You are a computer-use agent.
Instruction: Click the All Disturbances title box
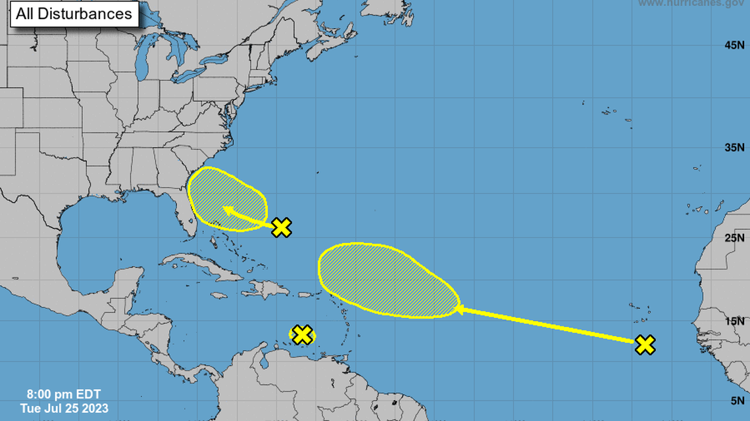click(74, 14)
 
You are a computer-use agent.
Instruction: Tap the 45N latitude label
click(734, 45)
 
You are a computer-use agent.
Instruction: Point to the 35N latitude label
click(734, 147)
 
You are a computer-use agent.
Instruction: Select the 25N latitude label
click(734, 237)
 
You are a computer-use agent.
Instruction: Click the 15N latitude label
click(734, 321)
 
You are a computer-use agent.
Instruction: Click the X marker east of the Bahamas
click(282, 227)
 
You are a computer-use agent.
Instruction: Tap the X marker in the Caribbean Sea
click(302, 334)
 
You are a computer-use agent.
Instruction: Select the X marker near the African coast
click(645, 344)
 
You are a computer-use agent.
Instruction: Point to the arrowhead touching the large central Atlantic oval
click(458, 307)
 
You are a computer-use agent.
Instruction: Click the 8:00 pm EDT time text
click(63, 395)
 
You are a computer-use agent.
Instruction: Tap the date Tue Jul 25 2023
click(63, 408)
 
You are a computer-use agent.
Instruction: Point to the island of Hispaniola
click(266, 289)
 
